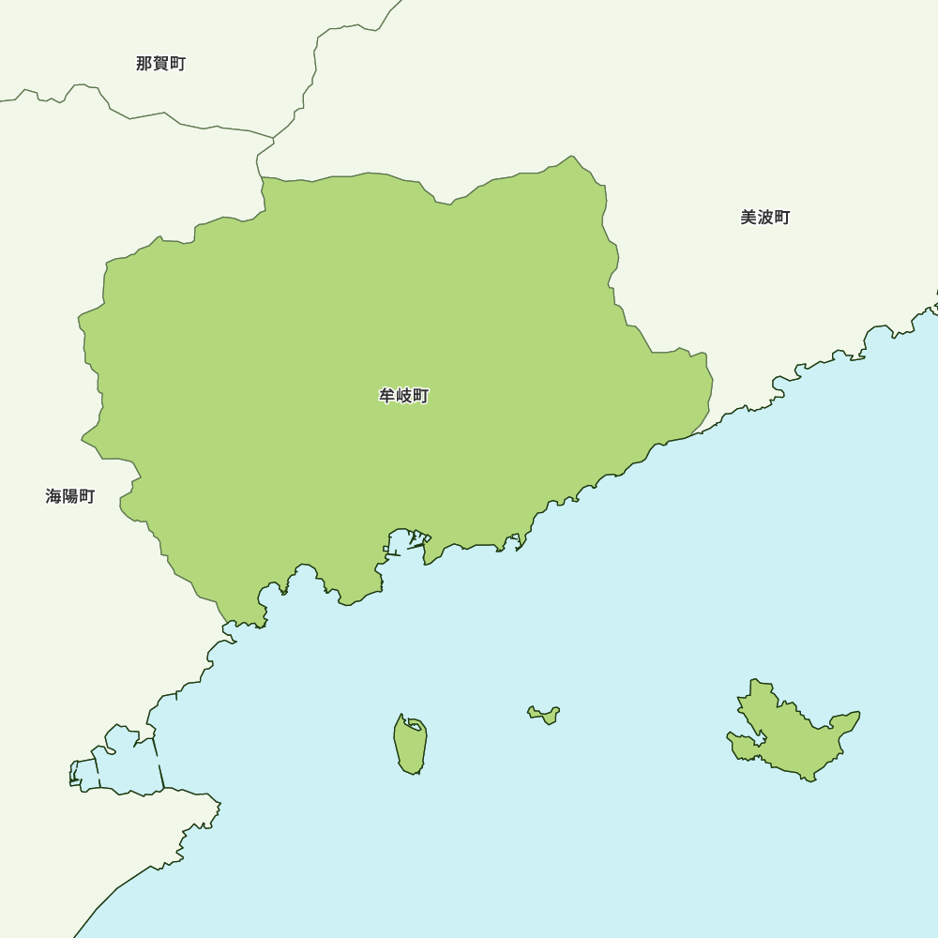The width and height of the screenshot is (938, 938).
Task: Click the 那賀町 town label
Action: (160, 64)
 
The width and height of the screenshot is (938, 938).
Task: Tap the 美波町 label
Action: (764, 218)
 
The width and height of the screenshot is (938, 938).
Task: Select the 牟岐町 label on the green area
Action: (403, 396)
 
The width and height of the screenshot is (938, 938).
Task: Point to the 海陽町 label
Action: (70, 496)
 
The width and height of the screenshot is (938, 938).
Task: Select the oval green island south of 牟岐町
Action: (411, 747)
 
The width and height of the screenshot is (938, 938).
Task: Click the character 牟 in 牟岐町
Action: (387, 396)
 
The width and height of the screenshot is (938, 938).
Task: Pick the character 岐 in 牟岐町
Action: (404, 396)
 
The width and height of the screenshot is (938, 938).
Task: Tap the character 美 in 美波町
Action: (749, 218)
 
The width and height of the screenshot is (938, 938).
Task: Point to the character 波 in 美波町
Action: (765, 218)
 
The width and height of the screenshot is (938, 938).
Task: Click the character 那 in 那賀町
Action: (144, 64)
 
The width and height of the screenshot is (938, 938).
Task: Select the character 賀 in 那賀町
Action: (161, 64)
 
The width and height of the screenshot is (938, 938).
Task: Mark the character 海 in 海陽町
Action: (53, 496)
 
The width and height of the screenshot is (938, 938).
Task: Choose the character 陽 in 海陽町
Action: (70, 496)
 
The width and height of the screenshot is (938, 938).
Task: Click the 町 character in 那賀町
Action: (177, 64)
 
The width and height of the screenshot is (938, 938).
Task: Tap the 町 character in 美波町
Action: (781, 218)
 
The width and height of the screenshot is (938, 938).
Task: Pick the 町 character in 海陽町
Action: (87, 496)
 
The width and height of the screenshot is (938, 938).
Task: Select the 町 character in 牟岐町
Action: (420, 396)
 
